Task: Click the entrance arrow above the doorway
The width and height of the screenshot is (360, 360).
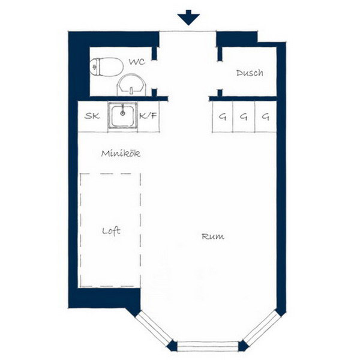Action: (x=188, y=17)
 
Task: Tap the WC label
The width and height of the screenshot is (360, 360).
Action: (x=137, y=62)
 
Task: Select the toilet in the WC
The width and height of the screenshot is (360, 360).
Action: (x=107, y=67)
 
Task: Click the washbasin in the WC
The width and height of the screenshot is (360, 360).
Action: (x=131, y=85)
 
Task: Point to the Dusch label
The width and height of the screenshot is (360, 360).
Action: (x=250, y=73)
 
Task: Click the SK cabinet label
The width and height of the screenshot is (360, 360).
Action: (x=92, y=116)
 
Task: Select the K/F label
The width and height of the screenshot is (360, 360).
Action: (x=148, y=116)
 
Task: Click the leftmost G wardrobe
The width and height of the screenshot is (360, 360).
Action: (x=223, y=117)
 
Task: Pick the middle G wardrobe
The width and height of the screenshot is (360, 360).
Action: (x=244, y=117)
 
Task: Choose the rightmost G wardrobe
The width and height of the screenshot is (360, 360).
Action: (x=266, y=117)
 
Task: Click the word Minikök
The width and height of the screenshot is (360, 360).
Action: (x=121, y=154)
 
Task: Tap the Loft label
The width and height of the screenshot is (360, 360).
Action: (x=111, y=231)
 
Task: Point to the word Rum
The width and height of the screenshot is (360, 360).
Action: (x=213, y=236)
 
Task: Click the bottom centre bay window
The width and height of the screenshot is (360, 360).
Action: (x=208, y=346)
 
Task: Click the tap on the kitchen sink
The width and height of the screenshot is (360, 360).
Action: (x=123, y=110)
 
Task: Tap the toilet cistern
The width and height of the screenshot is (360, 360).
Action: (x=94, y=67)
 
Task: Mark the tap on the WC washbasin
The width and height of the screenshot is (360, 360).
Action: (x=131, y=91)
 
